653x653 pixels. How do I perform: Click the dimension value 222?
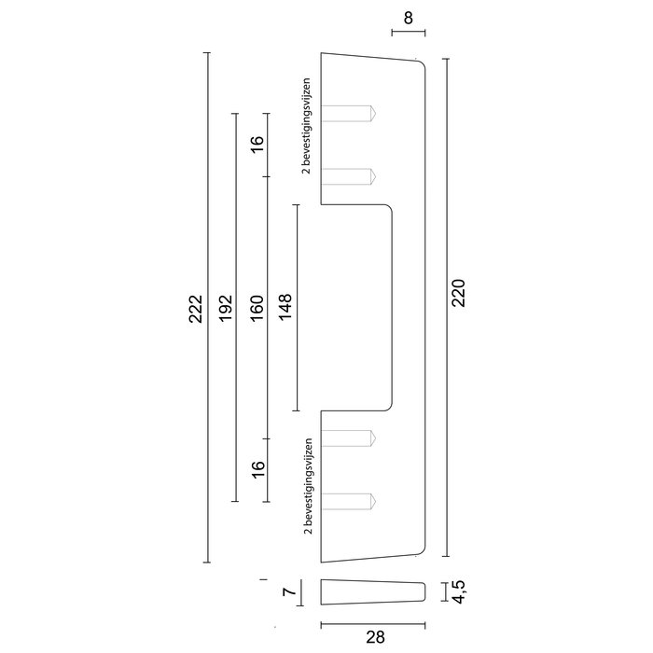(195, 308)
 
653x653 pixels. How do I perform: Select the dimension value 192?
(226, 308)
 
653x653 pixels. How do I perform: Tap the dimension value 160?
(257, 308)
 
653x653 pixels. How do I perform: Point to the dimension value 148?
(285, 308)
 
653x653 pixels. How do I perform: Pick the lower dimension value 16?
(257, 466)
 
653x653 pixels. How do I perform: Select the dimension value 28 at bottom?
(374, 638)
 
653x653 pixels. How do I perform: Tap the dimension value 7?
(289, 591)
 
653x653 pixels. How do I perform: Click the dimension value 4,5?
(458, 591)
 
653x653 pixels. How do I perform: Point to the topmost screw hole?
(349, 113)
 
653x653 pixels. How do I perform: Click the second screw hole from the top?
(349, 176)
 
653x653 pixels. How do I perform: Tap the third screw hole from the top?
(349, 438)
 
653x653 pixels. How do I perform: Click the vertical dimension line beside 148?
(297, 308)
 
